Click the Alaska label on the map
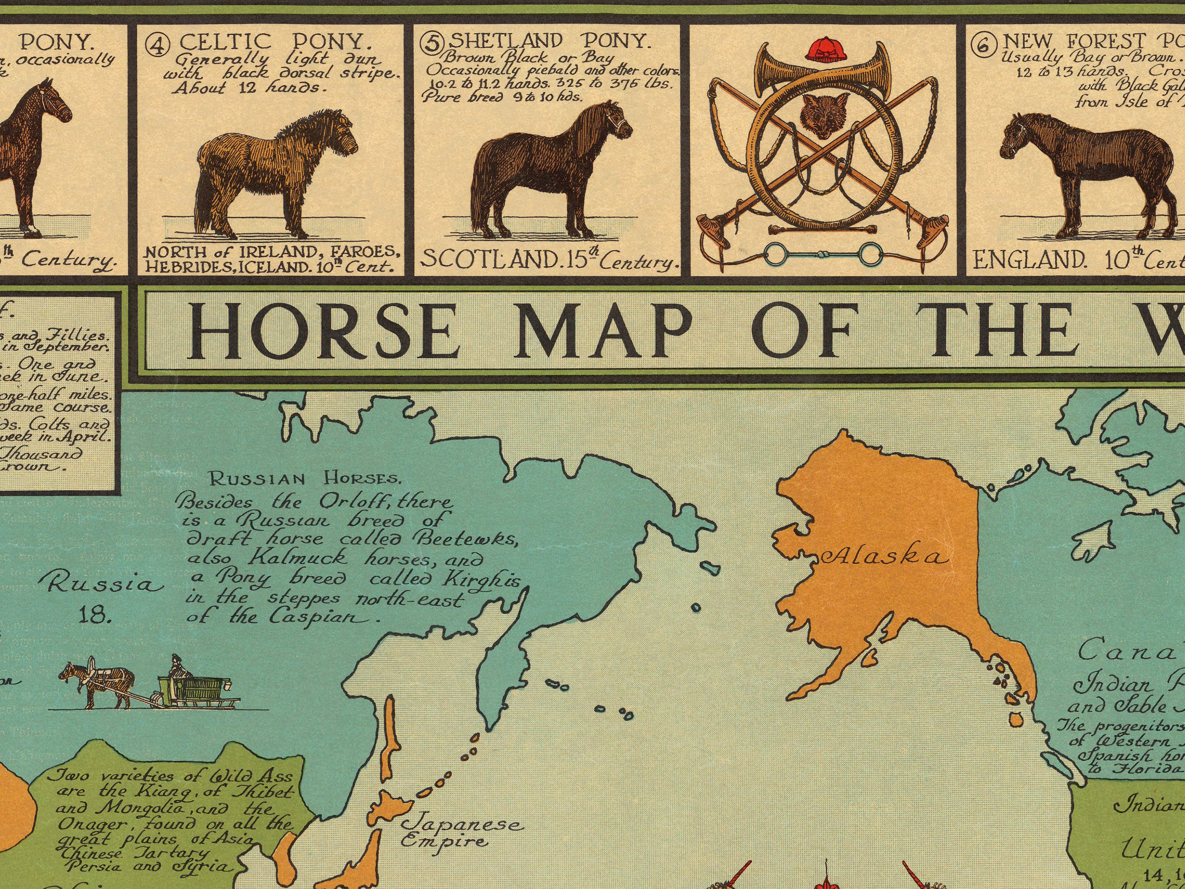click(885, 558)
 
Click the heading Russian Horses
click(304, 479)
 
